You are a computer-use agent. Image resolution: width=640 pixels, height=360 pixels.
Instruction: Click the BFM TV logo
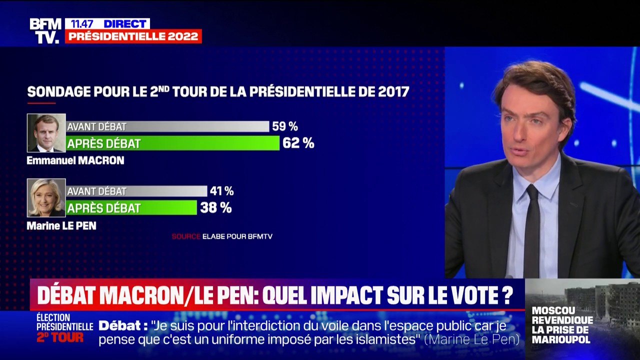(45, 30)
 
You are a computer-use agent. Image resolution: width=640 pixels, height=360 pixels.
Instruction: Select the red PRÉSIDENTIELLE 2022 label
(133, 36)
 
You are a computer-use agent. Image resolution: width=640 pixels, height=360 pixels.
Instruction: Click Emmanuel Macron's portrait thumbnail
(46, 133)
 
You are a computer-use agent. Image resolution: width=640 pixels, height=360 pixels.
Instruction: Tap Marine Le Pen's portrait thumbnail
(46, 197)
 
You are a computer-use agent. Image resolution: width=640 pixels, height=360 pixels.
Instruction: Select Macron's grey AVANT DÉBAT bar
(168, 126)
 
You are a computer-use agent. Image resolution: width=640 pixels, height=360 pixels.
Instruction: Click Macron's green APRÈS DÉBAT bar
(173, 143)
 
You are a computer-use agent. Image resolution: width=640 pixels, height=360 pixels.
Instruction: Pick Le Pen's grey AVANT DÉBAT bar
(136, 191)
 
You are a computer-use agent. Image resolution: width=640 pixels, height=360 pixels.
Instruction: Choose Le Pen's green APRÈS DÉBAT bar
(131, 207)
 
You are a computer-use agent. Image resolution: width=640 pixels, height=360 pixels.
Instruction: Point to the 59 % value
(284, 126)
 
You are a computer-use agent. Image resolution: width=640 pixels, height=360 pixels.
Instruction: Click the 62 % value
(298, 143)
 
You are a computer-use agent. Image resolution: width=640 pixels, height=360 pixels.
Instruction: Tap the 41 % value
(221, 191)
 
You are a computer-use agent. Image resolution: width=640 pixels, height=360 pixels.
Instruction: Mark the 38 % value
(215, 207)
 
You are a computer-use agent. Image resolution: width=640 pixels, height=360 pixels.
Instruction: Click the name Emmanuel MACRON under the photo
(75, 161)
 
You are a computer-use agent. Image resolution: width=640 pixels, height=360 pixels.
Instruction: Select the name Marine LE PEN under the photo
(61, 226)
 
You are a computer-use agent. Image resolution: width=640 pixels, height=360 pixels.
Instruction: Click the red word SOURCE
(186, 236)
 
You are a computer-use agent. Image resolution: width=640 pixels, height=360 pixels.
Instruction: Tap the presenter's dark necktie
(531, 230)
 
